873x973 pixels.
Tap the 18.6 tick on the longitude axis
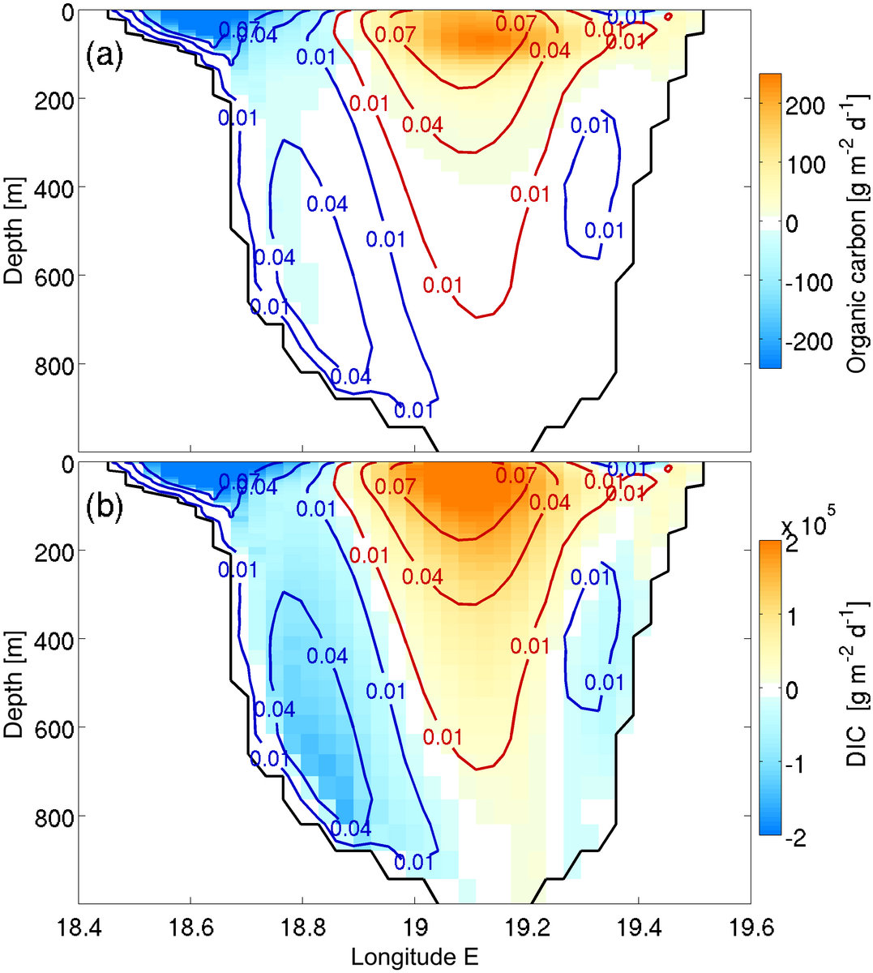(190, 925)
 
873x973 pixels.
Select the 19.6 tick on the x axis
(751, 925)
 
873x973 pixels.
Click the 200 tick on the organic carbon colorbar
(807, 105)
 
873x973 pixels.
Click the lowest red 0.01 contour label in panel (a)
(443, 285)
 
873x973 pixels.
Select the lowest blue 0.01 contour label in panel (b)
(414, 861)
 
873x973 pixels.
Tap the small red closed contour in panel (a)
(669, 15)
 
